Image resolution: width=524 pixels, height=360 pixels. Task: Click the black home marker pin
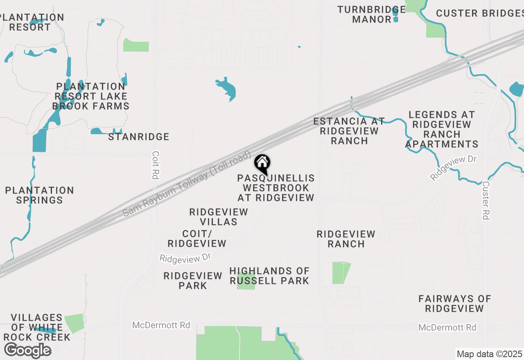(262, 164)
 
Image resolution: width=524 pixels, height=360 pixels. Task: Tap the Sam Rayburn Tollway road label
(187, 184)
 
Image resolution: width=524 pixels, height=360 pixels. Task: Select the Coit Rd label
(155, 165)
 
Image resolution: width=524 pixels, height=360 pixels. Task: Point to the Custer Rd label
(486, 200)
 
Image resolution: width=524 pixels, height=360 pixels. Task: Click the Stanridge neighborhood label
(139, 137)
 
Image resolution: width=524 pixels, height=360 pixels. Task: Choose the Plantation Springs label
(39, 195)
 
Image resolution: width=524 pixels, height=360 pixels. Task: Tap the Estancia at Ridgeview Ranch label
(349, 131)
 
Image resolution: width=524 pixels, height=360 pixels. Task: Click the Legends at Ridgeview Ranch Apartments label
(442, 129)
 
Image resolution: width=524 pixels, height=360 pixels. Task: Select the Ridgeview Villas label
(219, 217)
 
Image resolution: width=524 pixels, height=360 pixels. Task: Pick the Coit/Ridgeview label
(197, 239)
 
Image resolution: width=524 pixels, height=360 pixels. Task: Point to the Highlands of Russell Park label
(269, 276)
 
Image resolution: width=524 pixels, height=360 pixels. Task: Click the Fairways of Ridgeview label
(454, 304)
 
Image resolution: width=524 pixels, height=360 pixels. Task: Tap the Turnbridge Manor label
(372, 14)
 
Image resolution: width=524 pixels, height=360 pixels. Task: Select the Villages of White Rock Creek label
(37, 327)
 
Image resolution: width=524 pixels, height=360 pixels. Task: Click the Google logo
(27, 351)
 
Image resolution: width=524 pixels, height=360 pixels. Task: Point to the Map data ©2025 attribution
(489, 354)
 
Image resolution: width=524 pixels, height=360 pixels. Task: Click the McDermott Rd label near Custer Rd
(447, 328)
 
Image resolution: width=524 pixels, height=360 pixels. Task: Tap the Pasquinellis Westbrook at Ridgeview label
(276, 188)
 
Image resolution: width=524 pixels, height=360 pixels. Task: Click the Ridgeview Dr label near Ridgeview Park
(185, 258)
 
